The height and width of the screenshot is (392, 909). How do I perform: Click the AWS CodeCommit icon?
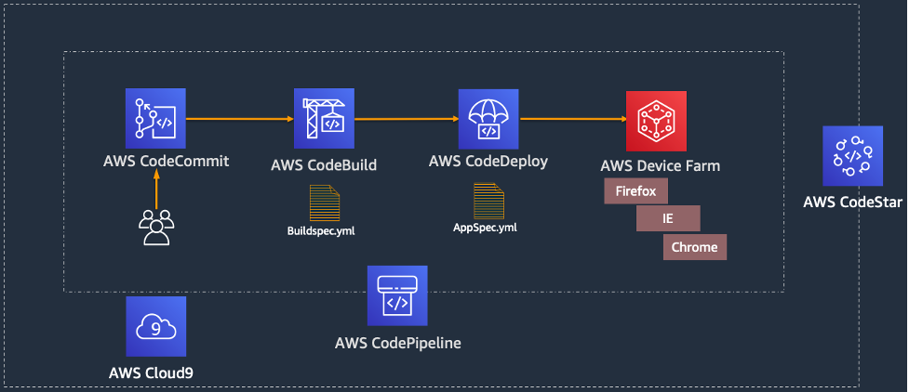(x=155, y=119)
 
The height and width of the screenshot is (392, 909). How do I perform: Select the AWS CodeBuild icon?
(x=324, y=120)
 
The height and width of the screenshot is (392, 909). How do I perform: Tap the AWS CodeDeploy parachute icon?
(x=488, y=120)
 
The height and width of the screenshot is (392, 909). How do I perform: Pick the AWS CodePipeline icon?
(x=397, y=295)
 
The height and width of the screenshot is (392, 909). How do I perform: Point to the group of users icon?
(x=155, y=227)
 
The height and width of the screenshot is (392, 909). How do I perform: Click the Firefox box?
(x=636, y=191)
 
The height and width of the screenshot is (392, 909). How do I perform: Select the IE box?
(x=668, y=219)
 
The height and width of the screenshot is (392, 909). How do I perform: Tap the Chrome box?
(x=694, y=247)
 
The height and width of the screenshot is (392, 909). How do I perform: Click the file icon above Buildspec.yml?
(x=325, y=202)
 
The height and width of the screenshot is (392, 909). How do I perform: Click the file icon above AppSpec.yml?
(x=488, y=200)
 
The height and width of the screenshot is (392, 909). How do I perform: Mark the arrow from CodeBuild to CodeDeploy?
(x=406, y=119)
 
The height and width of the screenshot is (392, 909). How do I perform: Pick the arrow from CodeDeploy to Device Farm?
(x=571, y=119)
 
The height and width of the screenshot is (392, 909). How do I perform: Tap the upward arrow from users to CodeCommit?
(x=156, y=192)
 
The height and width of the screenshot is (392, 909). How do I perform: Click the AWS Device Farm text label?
(x=661, y=166)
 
